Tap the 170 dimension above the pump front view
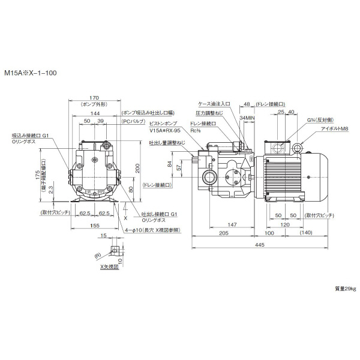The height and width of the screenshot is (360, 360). (x=94, y=98)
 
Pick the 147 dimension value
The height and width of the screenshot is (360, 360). (x=231, y=223)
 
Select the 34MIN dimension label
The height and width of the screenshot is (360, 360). (x=246, y=118)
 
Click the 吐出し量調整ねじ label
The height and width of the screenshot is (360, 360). (x=167, y=143)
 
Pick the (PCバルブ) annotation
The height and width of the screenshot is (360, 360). (x=133, y=121)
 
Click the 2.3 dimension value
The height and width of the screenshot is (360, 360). (x=52, y=188)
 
